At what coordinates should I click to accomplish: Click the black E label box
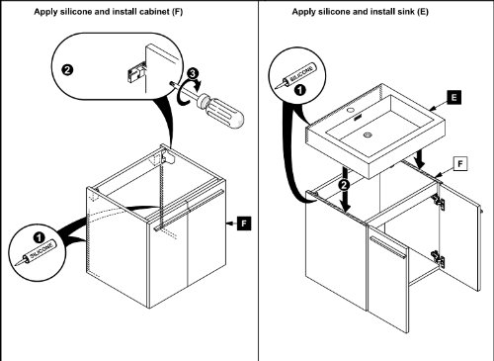click(454, 97)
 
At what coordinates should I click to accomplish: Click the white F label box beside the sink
click(460, 163)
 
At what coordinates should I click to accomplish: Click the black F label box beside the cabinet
click(244, 224)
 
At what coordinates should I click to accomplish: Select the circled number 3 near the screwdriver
click(193, 73)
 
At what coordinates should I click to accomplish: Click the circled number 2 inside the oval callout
click(67, 70)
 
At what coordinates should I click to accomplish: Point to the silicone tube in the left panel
click(36, 253)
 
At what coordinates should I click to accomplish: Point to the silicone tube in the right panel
click(295, 76)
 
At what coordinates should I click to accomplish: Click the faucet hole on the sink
click(351, 109)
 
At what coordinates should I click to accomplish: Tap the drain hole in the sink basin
click(368, 135)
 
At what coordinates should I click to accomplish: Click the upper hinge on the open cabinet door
click(439, 202)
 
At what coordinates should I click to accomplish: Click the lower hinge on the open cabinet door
click(439, 258)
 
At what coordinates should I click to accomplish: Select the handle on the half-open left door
click(388, 247)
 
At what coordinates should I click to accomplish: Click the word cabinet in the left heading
click(154, 12)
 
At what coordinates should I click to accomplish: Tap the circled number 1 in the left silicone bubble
click(39, 237)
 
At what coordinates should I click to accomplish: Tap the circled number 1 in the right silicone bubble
click(300, 90)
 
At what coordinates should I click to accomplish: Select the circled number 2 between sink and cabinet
click(345, 185)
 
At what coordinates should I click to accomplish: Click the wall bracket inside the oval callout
click(135, 74)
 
